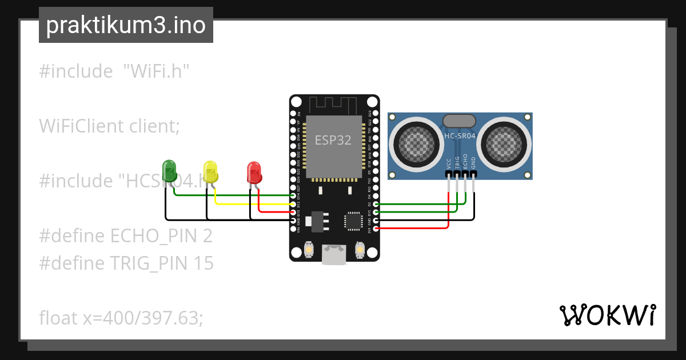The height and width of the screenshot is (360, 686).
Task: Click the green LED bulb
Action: [x=170, y=170]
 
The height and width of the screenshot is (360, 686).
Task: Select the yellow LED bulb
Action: [x=211, y=172]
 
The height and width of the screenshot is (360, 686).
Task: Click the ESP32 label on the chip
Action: [x=333, y=140]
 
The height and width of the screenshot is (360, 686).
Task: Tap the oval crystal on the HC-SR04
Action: [x=459, y=120]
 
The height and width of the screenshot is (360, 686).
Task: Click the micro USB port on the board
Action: [x=334, y=254]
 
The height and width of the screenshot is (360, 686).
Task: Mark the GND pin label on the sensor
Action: [x=473, y=162]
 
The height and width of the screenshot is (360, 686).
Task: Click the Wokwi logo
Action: [x=607, y=315]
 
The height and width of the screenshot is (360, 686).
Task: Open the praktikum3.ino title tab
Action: [x=126, y=25]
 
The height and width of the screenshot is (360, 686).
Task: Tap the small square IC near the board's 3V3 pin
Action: [x=353, y=221]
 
